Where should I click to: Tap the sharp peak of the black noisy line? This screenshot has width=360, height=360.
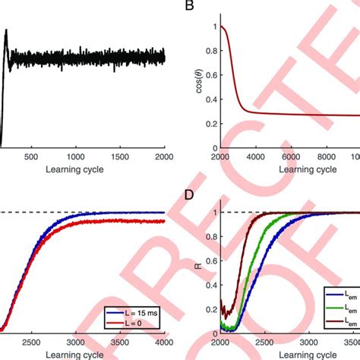[7, 31]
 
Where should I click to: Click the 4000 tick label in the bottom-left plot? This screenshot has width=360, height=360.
[164, 343]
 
